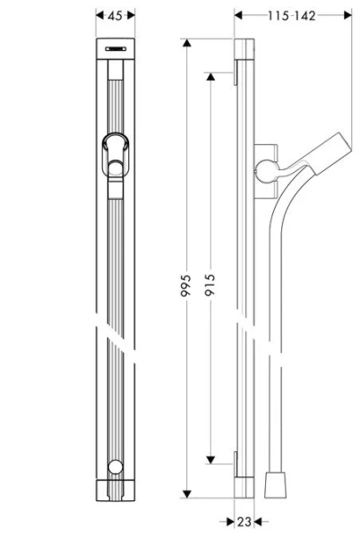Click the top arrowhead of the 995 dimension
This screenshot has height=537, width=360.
pyautogui.click(x=185, y=45)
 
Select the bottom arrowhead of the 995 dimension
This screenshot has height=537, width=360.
pyautogui.click(x=185, y=495)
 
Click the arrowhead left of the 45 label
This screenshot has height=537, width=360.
pyautogui.click(x=98, y=15)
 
